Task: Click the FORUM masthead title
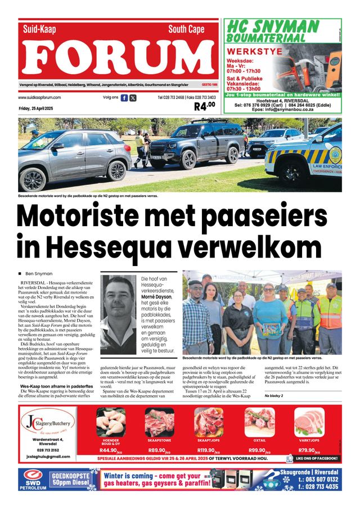(118, 58)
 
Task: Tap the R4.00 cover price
(205, 106)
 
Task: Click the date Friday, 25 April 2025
(35, 108)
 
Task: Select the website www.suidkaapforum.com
(39, 97)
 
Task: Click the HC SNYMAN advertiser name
(272, 26)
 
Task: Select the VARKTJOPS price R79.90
(308, 451)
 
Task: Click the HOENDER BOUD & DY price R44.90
(110, 451)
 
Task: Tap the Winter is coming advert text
(157, 479)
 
